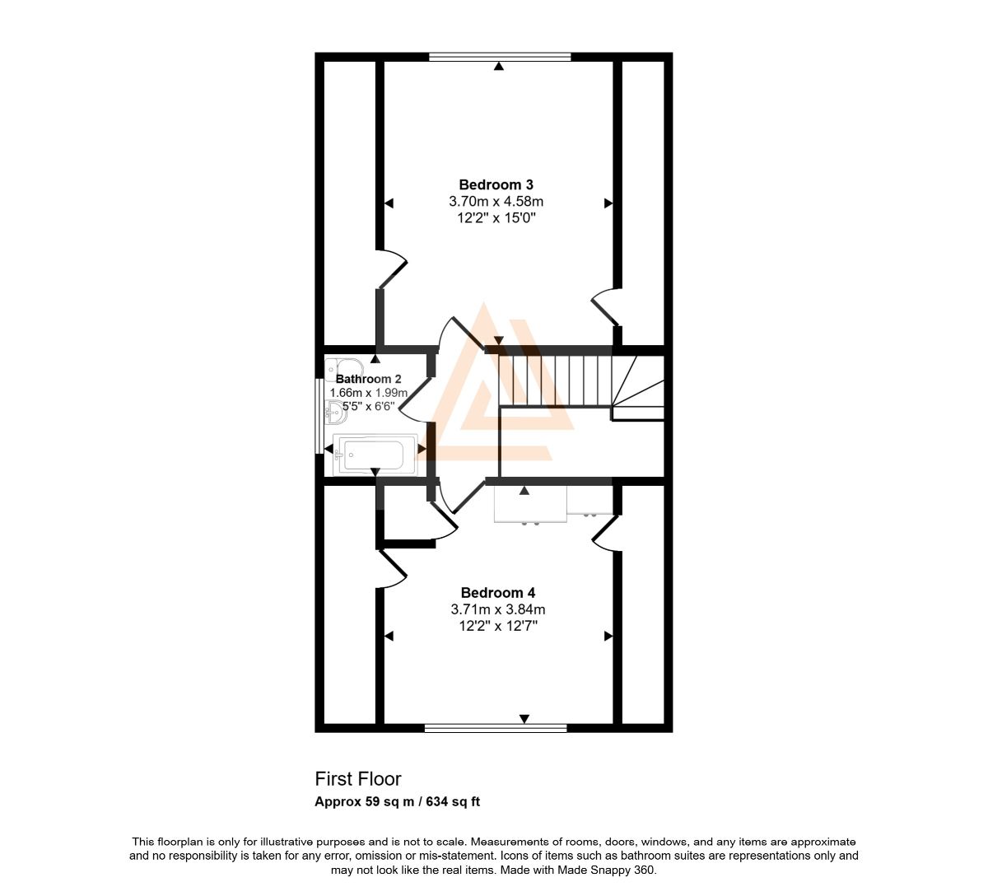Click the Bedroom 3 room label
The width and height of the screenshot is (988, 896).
click(x=496, y=184)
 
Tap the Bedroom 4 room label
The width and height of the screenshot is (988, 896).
click(x=498, y=592)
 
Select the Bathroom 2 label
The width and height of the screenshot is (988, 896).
click(x=368, y=379)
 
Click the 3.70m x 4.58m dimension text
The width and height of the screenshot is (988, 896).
click(x=496, y=201)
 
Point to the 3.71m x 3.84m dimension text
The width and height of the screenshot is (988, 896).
click(x=498, y=609)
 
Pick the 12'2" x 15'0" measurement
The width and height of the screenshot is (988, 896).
click(x=496, y=218)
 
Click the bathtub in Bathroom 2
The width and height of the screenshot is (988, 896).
click(x=375, y=455)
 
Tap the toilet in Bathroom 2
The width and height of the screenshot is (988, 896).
click(x=344, y=369)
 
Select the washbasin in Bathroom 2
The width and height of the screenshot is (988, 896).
click(x=336, y=412)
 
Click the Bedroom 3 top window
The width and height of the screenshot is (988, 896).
click(x=500, y=57)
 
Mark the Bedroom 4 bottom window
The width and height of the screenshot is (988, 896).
click(x=496, y=727)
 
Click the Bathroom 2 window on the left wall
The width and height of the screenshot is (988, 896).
click(x=319, y=416)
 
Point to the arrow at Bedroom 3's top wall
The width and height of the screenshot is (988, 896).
click(x=499, y=66)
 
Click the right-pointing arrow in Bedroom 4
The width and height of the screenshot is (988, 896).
click(x=608, y=637)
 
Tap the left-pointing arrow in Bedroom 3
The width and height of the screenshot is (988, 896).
click(x=389, y=203)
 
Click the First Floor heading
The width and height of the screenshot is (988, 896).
click(x=358, y=779)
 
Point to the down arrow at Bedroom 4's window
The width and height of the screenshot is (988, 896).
click(x=524, y=719)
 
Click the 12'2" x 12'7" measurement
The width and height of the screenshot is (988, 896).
click(x=498, y=626)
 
